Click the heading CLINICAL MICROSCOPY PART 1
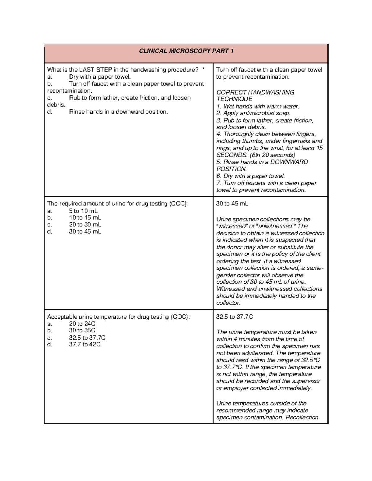[x=186, y=51]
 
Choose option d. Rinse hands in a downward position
[x=118, y=112]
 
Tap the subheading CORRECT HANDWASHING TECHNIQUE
[x=255, y=96]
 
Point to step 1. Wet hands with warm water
[x=258, y=107]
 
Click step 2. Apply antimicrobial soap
[x=253, y=113]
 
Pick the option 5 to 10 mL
[x=83, y=211]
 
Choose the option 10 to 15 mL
[x=85, y=218]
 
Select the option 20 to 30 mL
[x=85, y=225]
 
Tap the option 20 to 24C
[x=82, y=324]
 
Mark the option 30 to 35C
[x=82, y=330]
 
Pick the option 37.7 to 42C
[x=85, y=344]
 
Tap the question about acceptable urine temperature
[x=118, y=317]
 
